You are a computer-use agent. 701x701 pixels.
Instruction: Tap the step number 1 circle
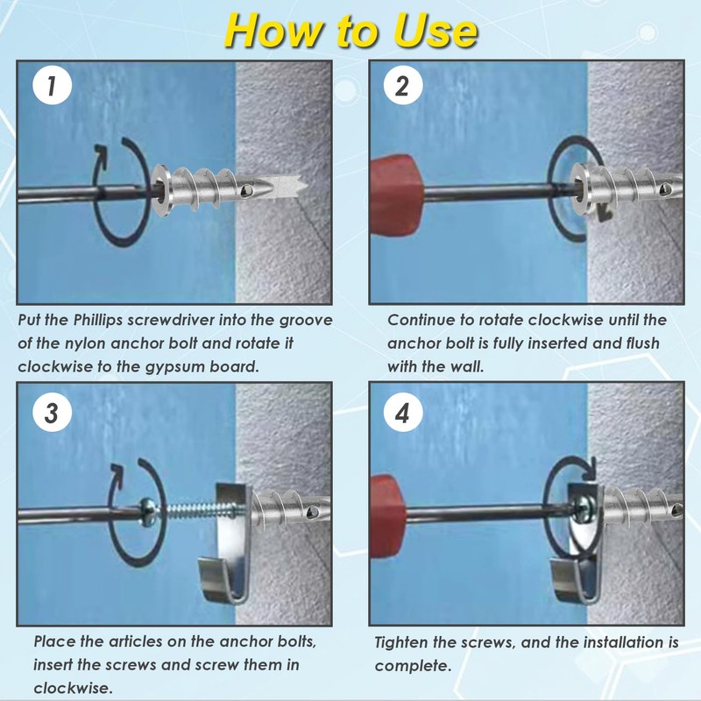pos(52,85)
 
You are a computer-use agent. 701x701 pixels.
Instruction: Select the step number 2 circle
pos(403,85)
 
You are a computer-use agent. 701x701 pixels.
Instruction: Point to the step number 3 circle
pos(52,412)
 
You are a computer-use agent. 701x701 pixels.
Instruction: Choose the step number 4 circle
pos(403,412)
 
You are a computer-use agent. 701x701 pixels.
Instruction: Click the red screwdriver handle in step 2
pos(396,194)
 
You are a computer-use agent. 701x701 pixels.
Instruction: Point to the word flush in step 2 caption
pos(639,343)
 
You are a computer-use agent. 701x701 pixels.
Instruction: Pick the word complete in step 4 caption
pos(411,666)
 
